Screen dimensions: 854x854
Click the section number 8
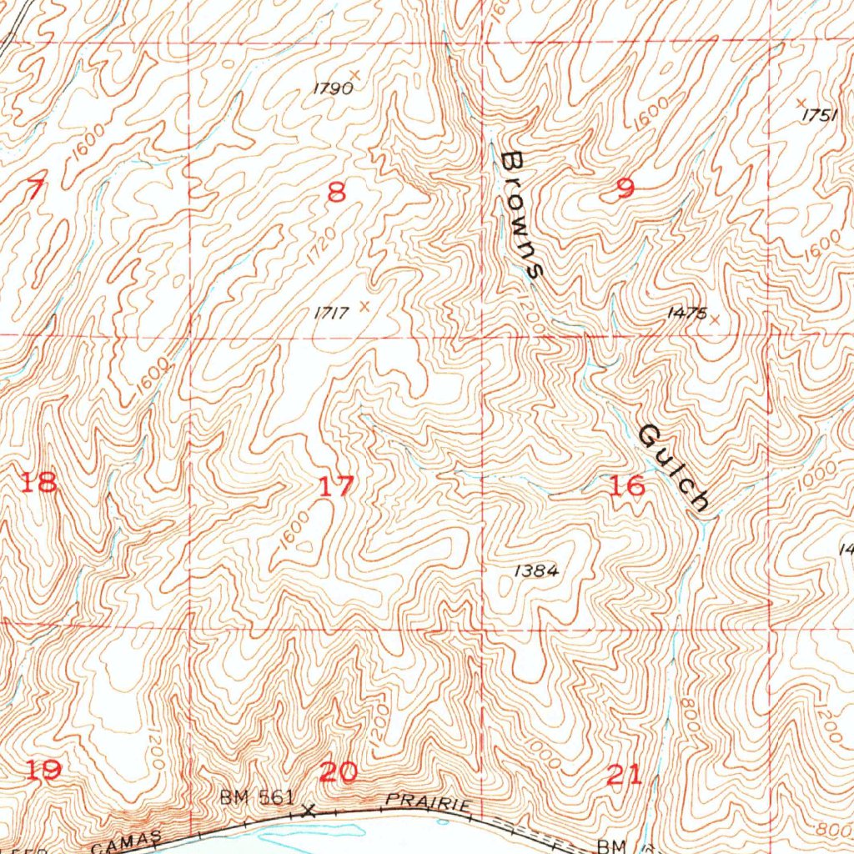pyautogui.click(x=336, y=193)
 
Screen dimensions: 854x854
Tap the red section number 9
pyautogui.click(x=625, y=188)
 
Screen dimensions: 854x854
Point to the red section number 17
pyautogui.click(x=337, y=485)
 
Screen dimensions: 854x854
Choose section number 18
pyautogui.click(x=40, y=482)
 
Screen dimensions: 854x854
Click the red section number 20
pyautogui.click(x=338, y=772)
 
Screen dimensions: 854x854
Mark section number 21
pyautogui.click(x=625, y=776)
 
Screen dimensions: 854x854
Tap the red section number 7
pyautogui.click(x=33, y=190)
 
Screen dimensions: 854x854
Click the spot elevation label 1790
pyautogui.click(x=333, y=88)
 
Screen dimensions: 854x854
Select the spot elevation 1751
pyautogui.click(x=819, y=116)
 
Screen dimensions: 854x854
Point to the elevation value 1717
pyautogui.click(x=330, y=313)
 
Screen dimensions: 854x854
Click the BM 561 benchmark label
pyautogui.click(x=256, y=797)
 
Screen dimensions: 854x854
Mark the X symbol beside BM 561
pyautogui.click(x=309, y=810)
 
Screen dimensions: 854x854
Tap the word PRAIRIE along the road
pyautogui.click(x=430, y=802)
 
